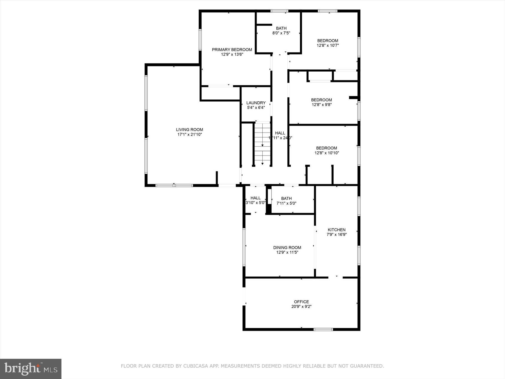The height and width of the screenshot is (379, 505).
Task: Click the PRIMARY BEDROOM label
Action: pyautogui.click(x=232, y=50)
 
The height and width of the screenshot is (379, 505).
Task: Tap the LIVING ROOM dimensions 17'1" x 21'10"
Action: pyautogui.click(x=189, y=134)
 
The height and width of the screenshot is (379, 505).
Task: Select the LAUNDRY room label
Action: pyautogui.click(x=256, y=103)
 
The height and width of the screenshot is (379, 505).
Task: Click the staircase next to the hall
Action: pyautogui.click(x=262, y=144)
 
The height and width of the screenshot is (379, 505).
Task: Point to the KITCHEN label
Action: pyautogui.click(x=336, y=230)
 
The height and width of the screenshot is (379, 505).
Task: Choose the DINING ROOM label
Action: pyautogui.click(x=287, y=247)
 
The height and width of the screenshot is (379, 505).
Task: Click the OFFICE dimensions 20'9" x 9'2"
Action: pyautogui.click(x=301, y=307)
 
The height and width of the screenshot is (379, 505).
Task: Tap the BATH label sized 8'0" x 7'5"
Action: pyautogui.click(x=281, y=28)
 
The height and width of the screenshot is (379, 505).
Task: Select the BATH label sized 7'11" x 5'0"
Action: pyautogui.click(x=286, y=198)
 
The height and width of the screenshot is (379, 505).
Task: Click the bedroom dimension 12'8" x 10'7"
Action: pyautogui.click(x=328, y=45)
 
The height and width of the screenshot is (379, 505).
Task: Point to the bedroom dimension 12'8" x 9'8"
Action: pyautogui.click(x=322, y=104)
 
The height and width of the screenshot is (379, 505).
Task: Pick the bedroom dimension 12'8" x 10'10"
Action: pyautogui.click(x=327, y=153)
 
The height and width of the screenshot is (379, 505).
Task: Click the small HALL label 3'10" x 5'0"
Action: pyautogui.click(x=255, y=198)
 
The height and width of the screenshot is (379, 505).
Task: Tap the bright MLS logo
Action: pyautogui.click(x=31, y=368)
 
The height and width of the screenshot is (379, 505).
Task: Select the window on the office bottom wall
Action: pyautogui.click(x=323, y=329)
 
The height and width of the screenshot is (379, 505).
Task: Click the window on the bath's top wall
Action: pyautogui.click(x=279, y=11)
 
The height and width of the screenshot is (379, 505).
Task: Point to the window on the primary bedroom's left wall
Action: pyautogui.click(x=200, y=40)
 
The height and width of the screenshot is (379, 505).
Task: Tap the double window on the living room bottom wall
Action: pyautogui.click(x=174, y=185)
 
